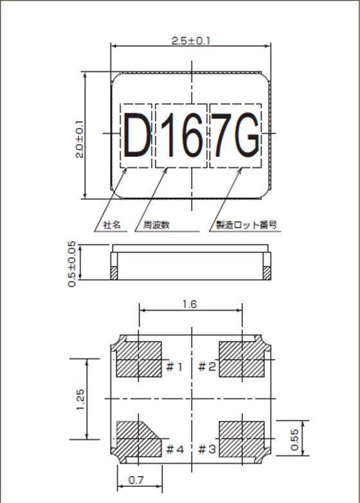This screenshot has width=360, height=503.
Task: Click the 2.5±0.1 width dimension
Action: [x=192, y=41]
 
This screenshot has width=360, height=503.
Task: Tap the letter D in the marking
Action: [x=136, y=136]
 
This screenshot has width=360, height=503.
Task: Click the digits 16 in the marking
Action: [x=181, y=136]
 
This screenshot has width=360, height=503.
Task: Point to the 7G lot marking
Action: [x=235, y=136]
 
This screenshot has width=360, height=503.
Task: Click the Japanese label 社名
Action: [x=112, y=226]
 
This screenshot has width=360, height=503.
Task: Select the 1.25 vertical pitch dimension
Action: [x=80, y=399]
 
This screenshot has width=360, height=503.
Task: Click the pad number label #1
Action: [x=175, y=367]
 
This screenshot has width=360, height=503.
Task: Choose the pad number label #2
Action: [x=206, y=367]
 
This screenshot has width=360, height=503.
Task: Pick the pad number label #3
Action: [x=206, y=448]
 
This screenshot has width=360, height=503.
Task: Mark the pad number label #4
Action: [x=175, y=448]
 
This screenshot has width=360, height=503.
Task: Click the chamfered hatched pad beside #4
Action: [x=138, y=439]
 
